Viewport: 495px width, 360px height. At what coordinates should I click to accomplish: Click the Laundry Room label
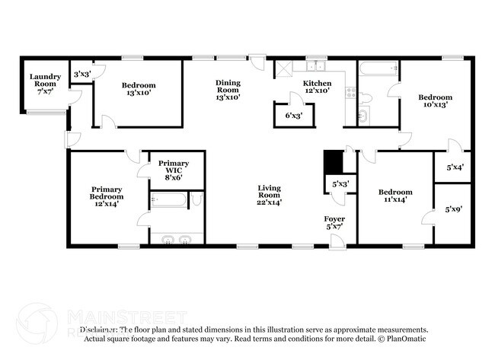pos(45,83)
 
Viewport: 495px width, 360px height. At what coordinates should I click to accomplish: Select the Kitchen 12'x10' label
pos(318,87)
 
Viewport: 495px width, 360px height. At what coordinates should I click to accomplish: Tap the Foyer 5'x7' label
pos(335,224)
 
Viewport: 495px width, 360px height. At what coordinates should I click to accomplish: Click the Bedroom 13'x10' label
pos(139,89)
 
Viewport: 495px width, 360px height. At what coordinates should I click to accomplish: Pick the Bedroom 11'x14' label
pos(396,196)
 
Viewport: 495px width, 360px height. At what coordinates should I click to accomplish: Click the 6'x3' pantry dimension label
pos(293,116)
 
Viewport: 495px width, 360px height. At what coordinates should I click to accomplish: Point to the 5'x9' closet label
pos(454,209)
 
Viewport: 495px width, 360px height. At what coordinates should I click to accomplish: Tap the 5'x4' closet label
pos(454,167)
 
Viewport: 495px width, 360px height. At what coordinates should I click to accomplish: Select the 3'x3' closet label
pos(81,74)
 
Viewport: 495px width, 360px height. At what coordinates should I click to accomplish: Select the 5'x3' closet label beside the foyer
pos(340,183)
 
